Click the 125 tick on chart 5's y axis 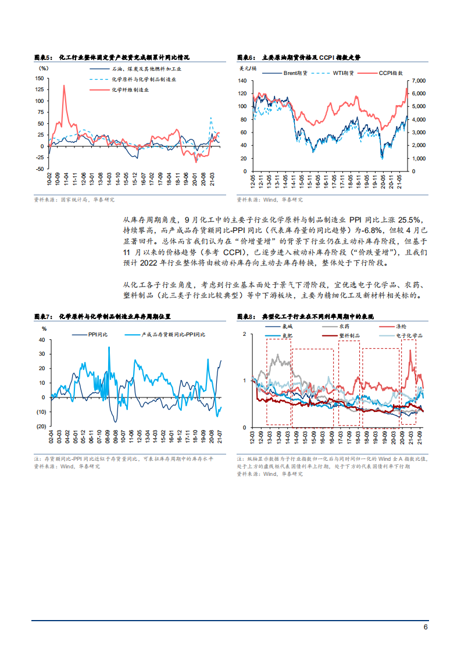[40, 89]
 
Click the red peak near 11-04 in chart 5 [63, 86]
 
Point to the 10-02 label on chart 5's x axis [49, 178]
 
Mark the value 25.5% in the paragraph [415, 219]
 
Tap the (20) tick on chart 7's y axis [41, 426]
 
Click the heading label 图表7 [43, 317]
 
